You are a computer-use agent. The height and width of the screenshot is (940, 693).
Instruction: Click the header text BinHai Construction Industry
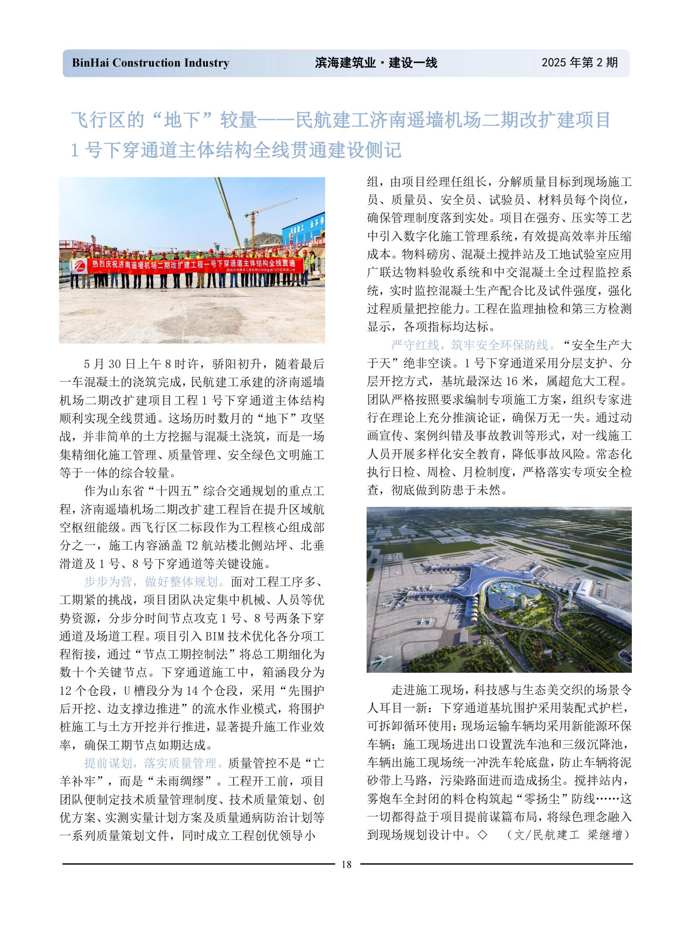150,63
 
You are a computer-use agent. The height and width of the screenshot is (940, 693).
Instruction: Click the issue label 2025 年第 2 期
579,62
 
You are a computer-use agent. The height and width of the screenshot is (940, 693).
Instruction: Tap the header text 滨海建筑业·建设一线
376,63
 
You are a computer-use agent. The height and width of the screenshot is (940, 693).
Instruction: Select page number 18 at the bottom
346,864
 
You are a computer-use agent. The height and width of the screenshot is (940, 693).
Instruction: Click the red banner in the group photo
191,265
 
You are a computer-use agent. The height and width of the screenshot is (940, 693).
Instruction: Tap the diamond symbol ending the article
482,835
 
